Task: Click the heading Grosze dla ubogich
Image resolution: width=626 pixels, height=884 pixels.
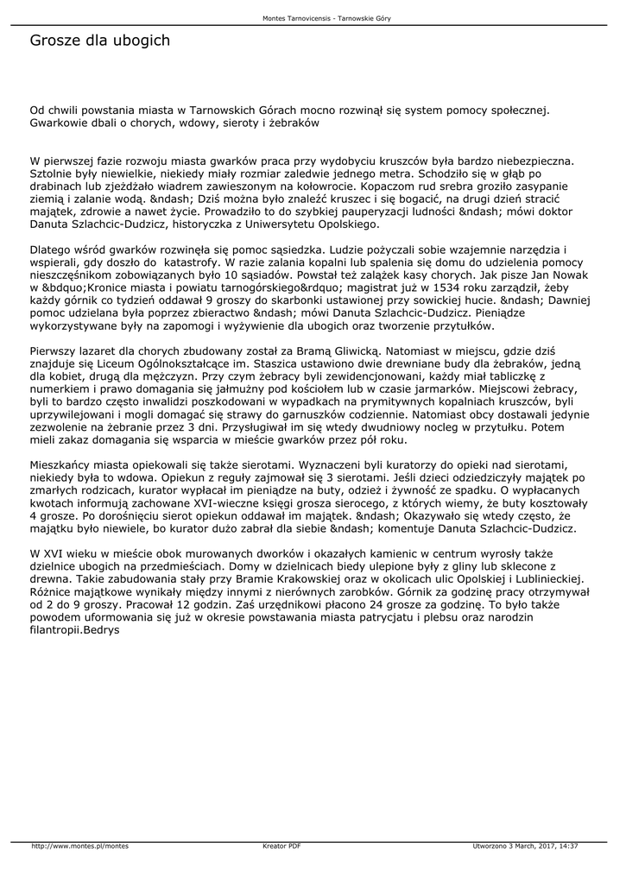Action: (99, 41)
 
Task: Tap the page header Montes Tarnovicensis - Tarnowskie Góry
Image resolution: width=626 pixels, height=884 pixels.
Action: (313, 18)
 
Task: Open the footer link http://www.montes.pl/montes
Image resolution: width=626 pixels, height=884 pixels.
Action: (79, 846)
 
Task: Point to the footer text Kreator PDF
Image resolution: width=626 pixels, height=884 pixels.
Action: (281, 846)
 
